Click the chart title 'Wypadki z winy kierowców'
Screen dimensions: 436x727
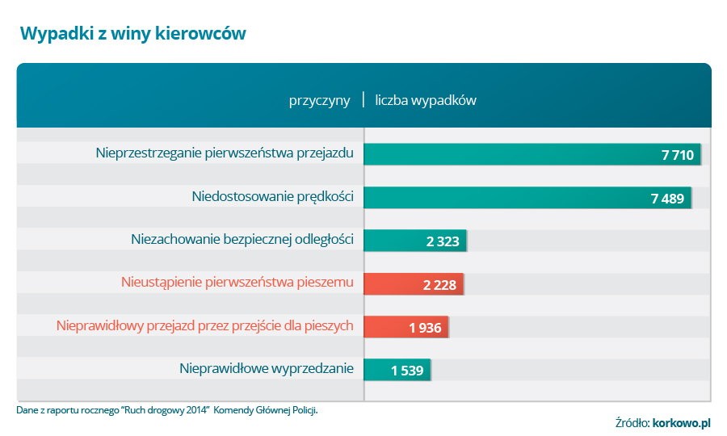click(x=132, y=33)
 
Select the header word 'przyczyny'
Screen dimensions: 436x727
click(x=320, y=101)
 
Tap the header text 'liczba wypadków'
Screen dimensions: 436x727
click(x=426, y=101)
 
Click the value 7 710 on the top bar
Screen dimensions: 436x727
click(x=677, y=155)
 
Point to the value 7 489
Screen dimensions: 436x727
click(x=667, y=199)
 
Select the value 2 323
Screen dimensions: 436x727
click(x=443, y=241)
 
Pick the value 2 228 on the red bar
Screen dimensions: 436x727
click(x=439, y=285)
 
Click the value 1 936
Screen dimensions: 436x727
click(x=425, y=328)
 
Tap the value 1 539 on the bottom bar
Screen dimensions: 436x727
click(x=407, y=371)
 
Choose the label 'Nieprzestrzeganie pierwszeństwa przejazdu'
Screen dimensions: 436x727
click(x=225, y=152)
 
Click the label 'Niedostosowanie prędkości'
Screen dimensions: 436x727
click(x=273, y=195)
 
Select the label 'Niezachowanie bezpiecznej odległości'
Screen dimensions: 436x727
click(x=242, y=239)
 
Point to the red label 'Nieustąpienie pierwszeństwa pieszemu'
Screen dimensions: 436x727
click(x=237, y=283)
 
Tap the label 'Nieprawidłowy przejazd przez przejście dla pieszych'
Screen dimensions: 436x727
click(x=205, y=325)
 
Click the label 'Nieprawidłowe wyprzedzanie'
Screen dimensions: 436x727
click(x=267, y=369)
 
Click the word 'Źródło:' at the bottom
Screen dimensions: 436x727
click(x=632, y=422)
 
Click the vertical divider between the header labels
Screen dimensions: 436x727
click(x=363, y=100)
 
